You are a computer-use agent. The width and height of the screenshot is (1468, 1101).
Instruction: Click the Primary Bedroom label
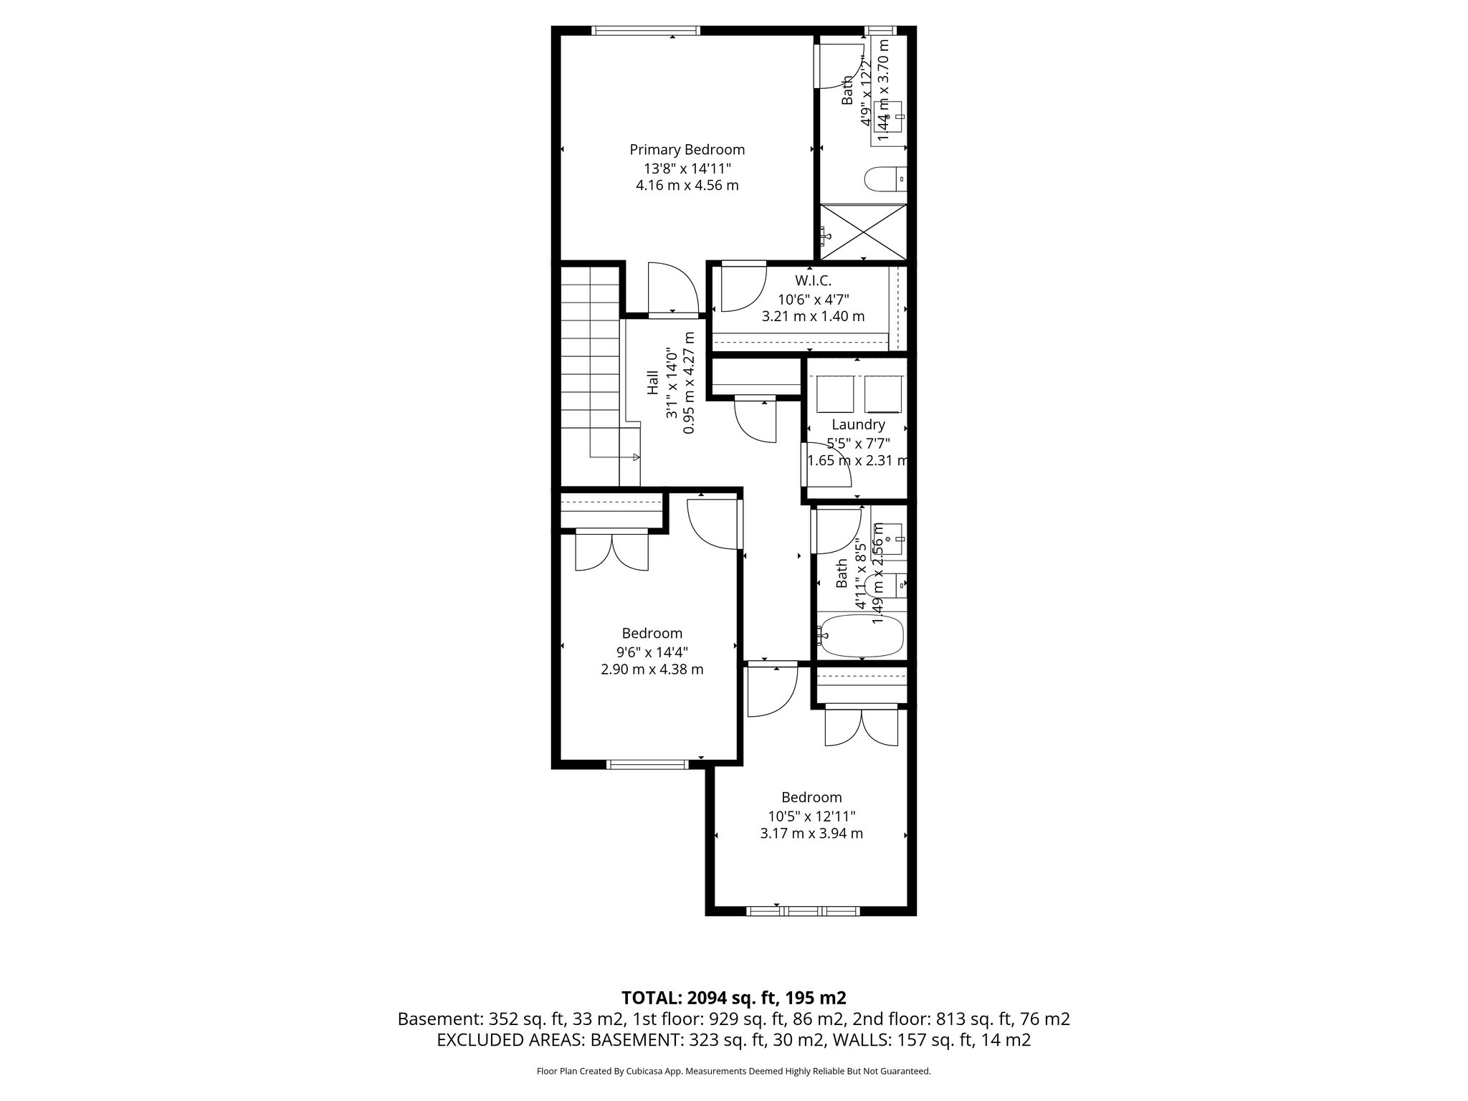pos(687,150)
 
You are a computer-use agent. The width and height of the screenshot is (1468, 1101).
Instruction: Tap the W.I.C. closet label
pos(813,281)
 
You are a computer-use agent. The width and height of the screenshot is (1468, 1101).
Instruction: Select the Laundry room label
pos(858,424)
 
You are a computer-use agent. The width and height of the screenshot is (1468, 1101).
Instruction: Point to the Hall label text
pos(653,382)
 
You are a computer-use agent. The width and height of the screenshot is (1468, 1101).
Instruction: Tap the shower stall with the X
pos(864,233)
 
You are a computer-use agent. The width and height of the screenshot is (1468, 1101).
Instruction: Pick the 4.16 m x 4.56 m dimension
pos(687,186)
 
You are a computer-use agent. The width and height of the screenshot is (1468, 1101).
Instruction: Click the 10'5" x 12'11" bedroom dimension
pos(811,816)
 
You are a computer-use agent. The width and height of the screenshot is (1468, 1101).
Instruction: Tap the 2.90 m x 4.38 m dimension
pos(652,669)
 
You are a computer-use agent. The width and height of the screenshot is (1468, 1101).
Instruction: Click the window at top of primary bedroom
pos(645,30)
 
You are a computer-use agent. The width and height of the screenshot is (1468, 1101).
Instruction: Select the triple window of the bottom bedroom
pos(803,911)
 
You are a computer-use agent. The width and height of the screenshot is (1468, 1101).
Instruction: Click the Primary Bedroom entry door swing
pos(672,289)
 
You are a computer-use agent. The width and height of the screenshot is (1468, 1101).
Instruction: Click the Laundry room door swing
pos(824,466)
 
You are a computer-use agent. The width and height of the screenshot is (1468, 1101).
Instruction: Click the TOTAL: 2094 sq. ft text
pos(733,998)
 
